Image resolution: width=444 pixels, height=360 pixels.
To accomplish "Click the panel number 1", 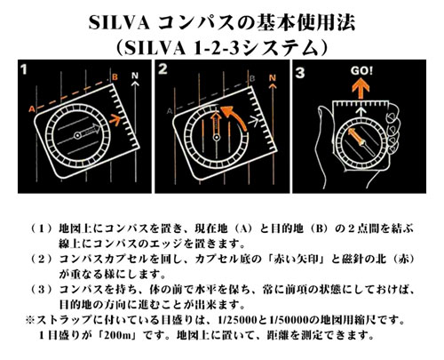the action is coord(24,69).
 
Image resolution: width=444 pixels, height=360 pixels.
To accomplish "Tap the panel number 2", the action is coord(163,68).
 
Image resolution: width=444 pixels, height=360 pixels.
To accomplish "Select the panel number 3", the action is coord(300,73).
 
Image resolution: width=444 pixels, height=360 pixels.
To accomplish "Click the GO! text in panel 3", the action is coord(361,71).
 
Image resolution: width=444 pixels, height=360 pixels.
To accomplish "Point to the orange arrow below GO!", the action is coord(361,88).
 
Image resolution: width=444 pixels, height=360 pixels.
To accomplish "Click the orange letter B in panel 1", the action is coord(115,77).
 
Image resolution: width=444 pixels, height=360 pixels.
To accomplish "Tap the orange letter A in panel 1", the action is coord(31,109).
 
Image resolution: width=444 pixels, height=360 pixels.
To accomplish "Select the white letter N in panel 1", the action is coord(135,76).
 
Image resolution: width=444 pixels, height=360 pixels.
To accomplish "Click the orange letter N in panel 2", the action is coord(273,78).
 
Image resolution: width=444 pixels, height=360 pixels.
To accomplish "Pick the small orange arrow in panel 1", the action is coord(115,120).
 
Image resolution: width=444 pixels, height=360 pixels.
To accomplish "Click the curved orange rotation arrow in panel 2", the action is coord(234,117).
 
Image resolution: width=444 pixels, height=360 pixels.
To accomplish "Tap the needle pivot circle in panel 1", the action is coord(77,135).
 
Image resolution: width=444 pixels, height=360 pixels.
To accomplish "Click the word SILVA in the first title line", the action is coord(119,23).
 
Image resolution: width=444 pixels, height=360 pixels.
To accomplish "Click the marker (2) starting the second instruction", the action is coord(42,260).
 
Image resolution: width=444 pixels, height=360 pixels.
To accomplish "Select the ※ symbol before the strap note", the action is coord(30,320).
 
